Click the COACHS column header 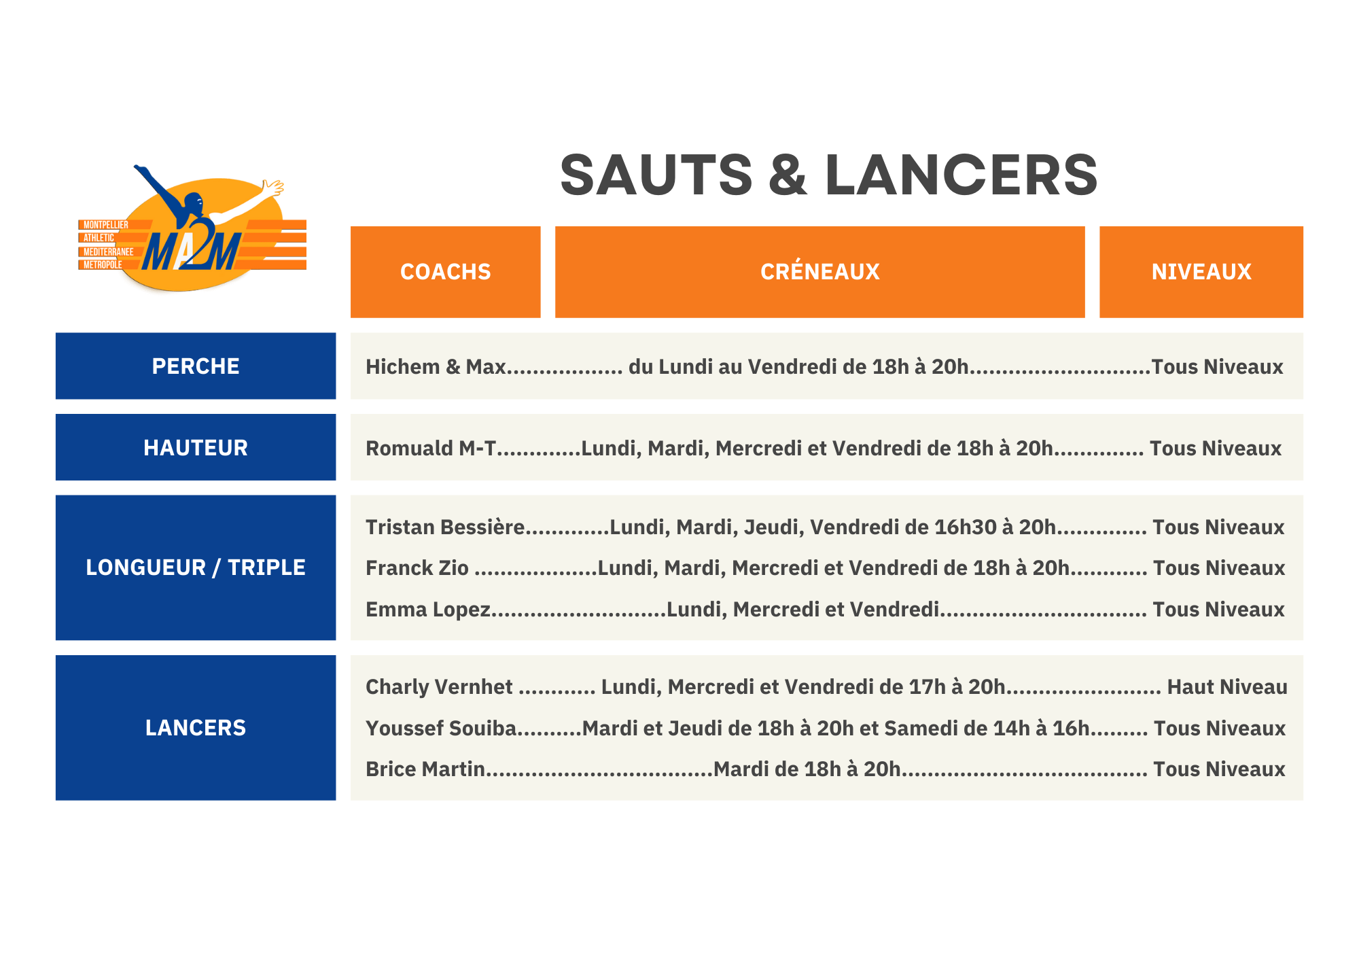click(x=445, y=272)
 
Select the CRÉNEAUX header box click(x=819, y=272)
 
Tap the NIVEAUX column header click(x=1201, y=272)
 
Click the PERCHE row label click(x=196, y=366)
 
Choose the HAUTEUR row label click(x=196, y=448)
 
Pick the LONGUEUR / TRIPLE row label click(x=196, y=567)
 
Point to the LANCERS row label click(x=196, y=728)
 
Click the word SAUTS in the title click(x=656, y=175)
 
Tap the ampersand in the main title click(x=788, y=175)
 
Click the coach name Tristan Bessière click(x=445, y=527)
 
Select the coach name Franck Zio click(x=417, y=568)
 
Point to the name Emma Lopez click(x=427, y=610)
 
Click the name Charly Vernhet click(x=439, y=687)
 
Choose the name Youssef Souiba click(x=441, y=729)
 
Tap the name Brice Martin click(x=425, y=769)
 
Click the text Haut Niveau click(x=1226, y=687)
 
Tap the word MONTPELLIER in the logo click(x=105, y=225)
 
